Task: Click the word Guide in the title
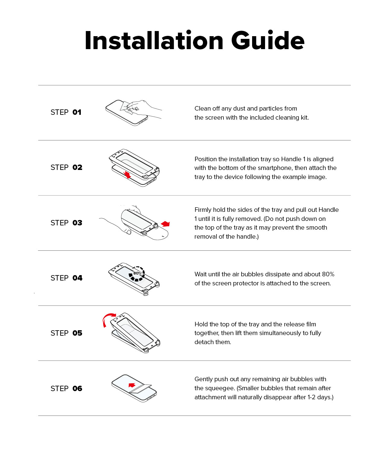268,41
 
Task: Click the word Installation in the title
154,41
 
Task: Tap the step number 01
77,112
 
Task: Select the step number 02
77,168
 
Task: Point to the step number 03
77,223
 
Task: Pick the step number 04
77,278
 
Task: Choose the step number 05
77,333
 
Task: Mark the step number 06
77,389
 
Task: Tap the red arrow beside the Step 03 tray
166,224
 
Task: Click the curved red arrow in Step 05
108,319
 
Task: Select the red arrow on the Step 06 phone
132,385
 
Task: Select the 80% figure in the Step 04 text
328,274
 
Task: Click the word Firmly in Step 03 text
203,210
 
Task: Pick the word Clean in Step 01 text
202,108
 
